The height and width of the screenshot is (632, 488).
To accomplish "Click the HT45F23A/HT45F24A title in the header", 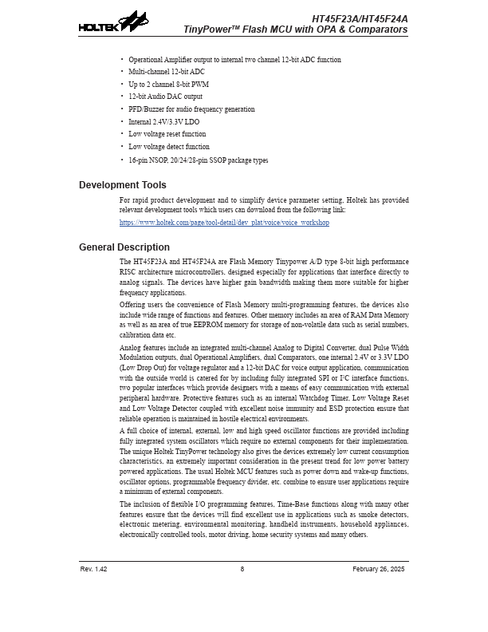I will [x=359, y=18].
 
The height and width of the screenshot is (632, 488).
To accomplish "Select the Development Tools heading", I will [x=122, y=185].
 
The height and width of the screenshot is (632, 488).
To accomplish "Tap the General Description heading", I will [x=124, y=247].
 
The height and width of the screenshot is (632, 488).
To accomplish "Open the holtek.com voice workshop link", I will [x=224, y=223].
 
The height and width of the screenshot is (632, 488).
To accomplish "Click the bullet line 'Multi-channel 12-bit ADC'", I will [x=166, y=72].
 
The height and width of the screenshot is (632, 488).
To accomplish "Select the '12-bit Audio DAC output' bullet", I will [x=165, y=97].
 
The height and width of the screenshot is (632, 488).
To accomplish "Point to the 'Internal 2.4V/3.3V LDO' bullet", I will [x=163, y=122].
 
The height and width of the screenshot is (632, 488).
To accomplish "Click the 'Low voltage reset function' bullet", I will [x=167, y=134].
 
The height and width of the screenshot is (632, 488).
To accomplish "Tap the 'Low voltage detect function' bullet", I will [x=168, y=147].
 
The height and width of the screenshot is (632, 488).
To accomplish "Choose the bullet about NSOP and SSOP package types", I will [x=198, y=160].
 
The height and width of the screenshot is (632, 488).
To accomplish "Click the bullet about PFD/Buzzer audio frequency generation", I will [x=191, y=109].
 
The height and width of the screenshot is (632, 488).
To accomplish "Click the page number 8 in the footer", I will [x=242, y=570].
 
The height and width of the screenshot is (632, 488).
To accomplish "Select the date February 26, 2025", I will [x=378, y=570].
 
